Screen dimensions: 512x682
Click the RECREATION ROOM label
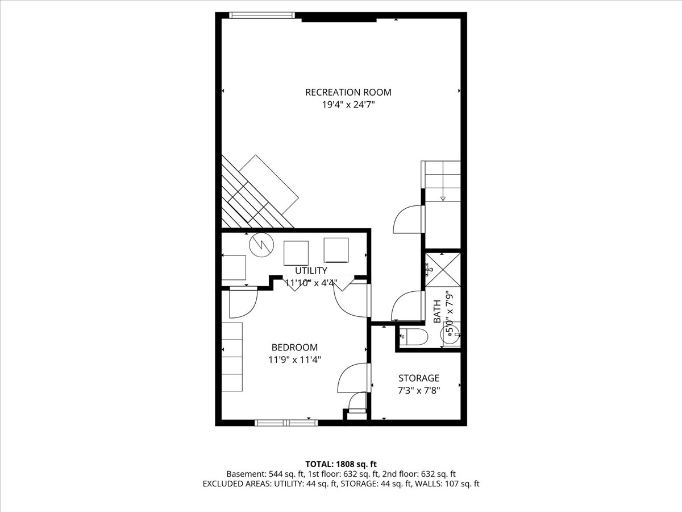(348, 92)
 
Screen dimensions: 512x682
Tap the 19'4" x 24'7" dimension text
(348, 105)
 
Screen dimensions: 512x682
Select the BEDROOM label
(294, 347)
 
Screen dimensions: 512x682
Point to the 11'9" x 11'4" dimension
(294, 360)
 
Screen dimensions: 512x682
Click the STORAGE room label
(418, 378)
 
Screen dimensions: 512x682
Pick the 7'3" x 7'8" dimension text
(418, 390)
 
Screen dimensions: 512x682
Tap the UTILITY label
(311, 270)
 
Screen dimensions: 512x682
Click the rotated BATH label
(437, 312)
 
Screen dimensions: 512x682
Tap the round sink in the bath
(453, 335)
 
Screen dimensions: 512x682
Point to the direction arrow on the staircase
(443, 198)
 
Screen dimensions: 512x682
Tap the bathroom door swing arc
(407, 307)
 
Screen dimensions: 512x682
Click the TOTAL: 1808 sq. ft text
(340, 464)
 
